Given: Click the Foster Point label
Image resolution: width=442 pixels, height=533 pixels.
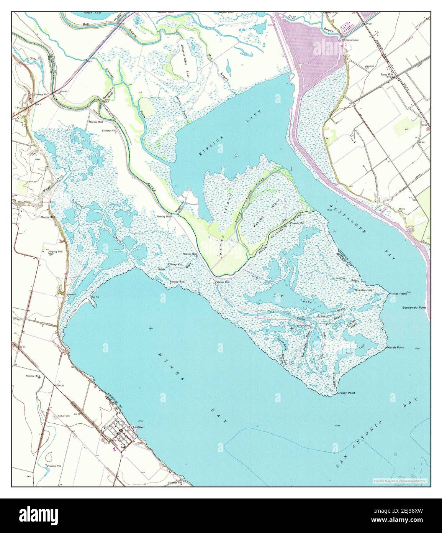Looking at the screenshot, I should tap(397, 294).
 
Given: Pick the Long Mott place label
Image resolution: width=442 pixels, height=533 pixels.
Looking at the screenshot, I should tap(387, 74).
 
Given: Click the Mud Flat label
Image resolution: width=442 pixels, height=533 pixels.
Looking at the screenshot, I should tap(96, 297).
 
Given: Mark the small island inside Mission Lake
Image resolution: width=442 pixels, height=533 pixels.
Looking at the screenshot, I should tap(237, 156).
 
